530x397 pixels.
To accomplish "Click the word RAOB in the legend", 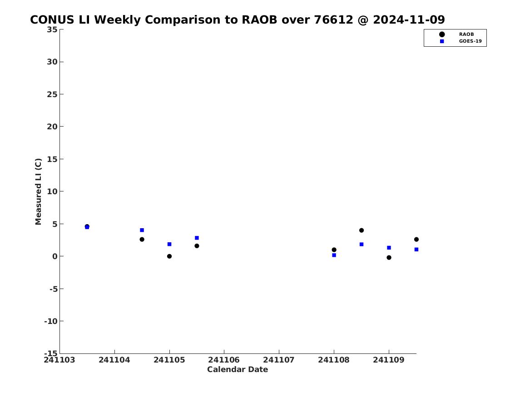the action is [x=466, y=34].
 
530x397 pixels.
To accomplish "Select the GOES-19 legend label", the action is [x=470, y=41].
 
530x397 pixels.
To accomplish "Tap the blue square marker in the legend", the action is [x=442, y=41].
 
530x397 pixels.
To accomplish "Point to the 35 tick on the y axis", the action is [x=52, y=29].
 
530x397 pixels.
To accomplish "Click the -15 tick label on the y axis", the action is [x=51, y=353].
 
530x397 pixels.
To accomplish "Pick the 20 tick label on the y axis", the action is [x=52, y=127].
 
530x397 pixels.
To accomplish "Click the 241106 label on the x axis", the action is [x=224, y=360].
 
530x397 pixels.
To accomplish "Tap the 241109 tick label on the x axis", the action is [x=389, y=360].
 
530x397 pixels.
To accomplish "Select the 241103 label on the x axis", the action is [x=59, y=360].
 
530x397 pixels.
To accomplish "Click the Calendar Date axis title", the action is [x=238, y=370].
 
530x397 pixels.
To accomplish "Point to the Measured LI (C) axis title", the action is [x=38, y=191].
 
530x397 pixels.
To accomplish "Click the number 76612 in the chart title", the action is [x=334, y=20].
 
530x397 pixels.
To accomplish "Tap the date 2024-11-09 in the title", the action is [x=409, y=20].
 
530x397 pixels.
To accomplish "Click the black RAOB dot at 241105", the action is [x=169, y=256].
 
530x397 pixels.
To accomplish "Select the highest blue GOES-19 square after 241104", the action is [x=142, y=230].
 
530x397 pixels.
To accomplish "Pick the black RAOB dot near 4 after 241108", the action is [x=362, y=230].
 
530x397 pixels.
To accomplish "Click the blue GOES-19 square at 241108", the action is [x=334, y=255].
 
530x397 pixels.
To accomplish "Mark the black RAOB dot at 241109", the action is [x=389, y=258].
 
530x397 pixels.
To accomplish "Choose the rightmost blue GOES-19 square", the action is [x=416, y=250].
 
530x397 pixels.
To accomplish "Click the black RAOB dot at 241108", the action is [x=334, y=250].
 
